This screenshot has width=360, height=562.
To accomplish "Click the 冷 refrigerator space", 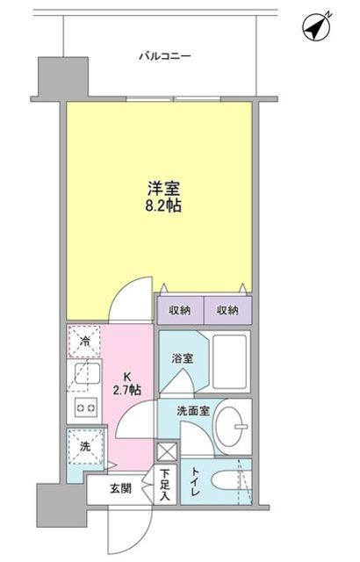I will pyautogui.click(x=85, y=342).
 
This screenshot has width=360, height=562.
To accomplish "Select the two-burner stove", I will pyautogui.click(x=85, y=407).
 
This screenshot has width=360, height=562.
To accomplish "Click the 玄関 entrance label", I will pyautogui.click(x=120, y=488).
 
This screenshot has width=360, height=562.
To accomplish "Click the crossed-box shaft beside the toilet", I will pyautogui.click(x=165, y=452).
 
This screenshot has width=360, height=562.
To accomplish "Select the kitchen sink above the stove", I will pyautogui.click(x=85, y=375).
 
